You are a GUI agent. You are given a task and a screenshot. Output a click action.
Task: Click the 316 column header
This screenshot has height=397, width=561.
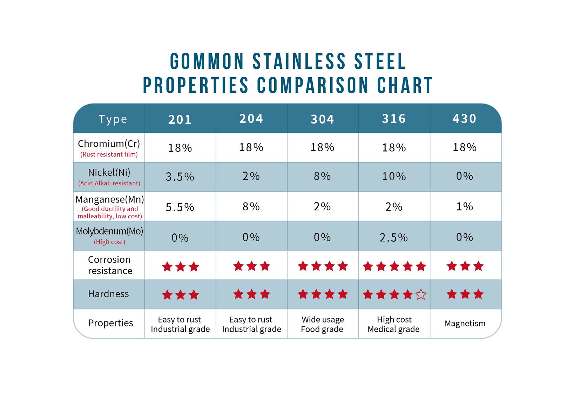click(394, 119)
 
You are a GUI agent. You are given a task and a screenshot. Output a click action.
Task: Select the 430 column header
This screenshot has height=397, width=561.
click(465, 119)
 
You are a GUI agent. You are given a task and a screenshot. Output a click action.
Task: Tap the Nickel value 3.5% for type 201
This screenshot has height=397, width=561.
click(180, 177)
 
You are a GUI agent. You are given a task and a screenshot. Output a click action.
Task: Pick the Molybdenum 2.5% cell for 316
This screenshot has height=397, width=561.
click(394, 238)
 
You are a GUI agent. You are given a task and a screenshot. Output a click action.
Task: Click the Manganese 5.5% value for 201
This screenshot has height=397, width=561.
click(180, 207)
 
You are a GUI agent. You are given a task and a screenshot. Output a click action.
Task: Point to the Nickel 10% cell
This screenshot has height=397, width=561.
click(394, 176)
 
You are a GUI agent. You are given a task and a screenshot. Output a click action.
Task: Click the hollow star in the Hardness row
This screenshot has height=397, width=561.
click(421, 295)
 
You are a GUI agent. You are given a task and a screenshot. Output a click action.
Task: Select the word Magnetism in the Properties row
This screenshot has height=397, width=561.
click(465, 323)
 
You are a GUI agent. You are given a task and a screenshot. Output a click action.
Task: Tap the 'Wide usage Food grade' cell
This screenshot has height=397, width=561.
click(323, 324)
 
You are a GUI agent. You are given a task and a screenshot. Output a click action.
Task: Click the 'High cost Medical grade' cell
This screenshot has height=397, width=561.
click(394, 324)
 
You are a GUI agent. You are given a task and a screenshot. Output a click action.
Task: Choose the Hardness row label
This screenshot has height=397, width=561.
click(108, 294)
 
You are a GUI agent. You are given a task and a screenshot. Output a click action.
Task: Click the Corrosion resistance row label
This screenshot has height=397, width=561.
click(110, 265)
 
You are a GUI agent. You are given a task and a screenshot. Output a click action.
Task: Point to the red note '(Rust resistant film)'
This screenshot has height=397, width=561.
click(109, 154)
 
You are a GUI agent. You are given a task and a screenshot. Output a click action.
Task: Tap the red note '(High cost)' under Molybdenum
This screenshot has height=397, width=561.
click(109, 242)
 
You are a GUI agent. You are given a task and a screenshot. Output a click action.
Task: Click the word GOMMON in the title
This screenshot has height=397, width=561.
click(207, 61)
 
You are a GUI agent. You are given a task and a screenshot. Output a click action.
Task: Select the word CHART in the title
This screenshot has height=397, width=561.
click(405, 85)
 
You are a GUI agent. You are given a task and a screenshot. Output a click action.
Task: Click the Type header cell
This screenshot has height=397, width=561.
click(113, 119)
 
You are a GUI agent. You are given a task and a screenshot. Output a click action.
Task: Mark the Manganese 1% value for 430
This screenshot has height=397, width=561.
click(465, 206)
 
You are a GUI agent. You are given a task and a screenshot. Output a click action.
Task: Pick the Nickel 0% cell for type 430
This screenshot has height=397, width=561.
click(465, 176)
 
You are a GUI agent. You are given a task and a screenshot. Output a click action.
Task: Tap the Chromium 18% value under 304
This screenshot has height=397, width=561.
click(322, 147)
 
